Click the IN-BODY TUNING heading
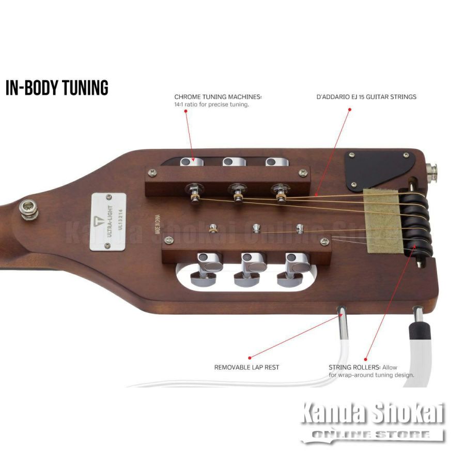pyautogui.click(x=57, y=88)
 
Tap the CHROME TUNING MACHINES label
pyautogui.click(x=218, y=97)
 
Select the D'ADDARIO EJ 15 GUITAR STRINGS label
pyautogui.click(x=366, y=97)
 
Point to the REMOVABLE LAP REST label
pyautogui.click(x=246, y=367)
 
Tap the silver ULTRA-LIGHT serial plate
pyautogui.click(x=108, y=222)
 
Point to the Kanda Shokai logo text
pyautogui.click(x=373, y=413)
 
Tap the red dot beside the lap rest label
pyautogui.click(x=249, y=358)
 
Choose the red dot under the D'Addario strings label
pyautogui.click(x=349, y=109)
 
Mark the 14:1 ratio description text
pyautogui.click(x=212, y=105)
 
